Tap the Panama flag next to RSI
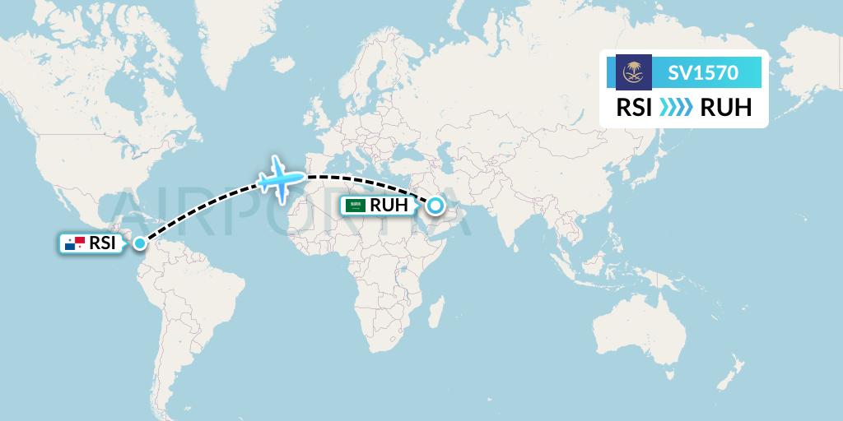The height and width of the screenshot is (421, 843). [75, 243]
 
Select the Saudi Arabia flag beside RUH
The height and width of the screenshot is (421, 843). [356, 206]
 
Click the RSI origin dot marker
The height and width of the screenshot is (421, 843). [141, 243]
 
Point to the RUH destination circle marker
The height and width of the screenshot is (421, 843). [435, 206]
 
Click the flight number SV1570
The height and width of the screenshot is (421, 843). [702, 73]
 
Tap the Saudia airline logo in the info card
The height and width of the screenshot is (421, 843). [634, 72]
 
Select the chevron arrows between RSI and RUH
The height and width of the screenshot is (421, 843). [676, 108]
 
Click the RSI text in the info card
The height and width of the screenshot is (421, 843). [635, 108]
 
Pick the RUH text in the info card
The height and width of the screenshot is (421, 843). [725, 108]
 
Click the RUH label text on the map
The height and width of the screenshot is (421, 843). [389, 206]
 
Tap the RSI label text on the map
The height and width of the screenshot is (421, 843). [102, 243]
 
